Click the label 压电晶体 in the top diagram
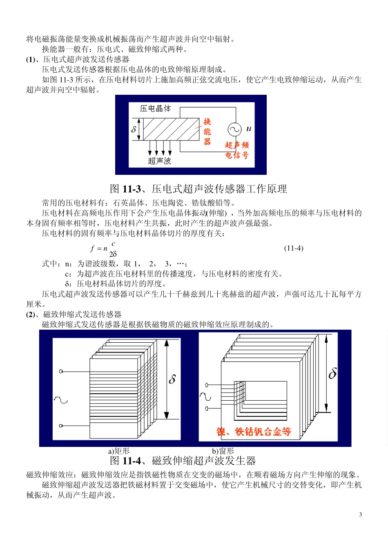pyautogui.click(x=155, y=109)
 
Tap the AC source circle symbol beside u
pyautogui.click(x=234, y=129)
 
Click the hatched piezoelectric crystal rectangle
pyautogui.click(x=171, y=129)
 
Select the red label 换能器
pyautogui.click(x=207, y=132)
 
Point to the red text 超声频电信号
pyautogui.click(x=237, y=150)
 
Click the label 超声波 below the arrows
pyautogui.click(x=159, y=161)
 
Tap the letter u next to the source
pyautogui.click(x=249, y=129)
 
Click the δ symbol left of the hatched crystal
pyautogui.click(x=134, y=129)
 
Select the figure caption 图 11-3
pyautogui.click(x=198, y=189)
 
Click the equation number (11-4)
pyautogui.click(x=294, y=248)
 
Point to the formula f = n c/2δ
pyautogui.click(x=104, y=248)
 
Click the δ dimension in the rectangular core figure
pyautogui.click(x=172, y=379)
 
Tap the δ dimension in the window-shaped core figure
pyautogui.click(x=333, y=373)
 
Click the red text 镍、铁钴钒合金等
pyautogui.click(x=254, y=432)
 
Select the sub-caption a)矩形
pyautogui.click(x=119, y=451)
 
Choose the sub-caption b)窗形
pyautogui.click(x=223, y=451)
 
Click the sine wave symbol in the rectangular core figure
pyautogui.click(x=60, y=400)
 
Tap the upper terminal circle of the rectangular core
pyautogui.click(x=61, y=371)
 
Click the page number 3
pyautogui.click(x=360, y=514)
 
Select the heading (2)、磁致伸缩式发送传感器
pyautogui.click(x=74, y=314)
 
